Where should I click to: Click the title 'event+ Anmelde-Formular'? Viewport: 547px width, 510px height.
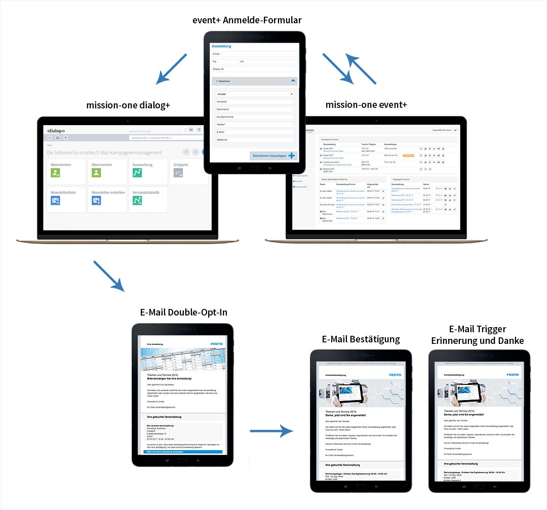(x=247, y=20)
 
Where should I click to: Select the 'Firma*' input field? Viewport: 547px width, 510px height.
(x=254, y=54)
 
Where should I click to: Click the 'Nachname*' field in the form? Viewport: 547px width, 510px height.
(x=254, y=109)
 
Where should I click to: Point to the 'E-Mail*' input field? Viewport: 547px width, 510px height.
(x=254, y=132)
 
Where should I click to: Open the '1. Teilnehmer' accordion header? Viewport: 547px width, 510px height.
(x=254, y=81)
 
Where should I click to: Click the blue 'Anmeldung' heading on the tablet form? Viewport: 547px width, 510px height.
(x=221, y=46)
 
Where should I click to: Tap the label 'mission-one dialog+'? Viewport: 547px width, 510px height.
(x=128, y=105)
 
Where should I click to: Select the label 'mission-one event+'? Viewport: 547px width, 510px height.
(x=366, y=105)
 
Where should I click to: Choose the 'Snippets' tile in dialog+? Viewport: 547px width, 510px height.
(x=188, y=171)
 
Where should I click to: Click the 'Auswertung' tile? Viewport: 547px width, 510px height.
(x=147, y=171)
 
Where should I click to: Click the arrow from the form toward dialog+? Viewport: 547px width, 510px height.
(x=172, y=68)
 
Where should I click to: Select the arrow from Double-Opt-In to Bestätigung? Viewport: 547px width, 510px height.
(x=272, y=431)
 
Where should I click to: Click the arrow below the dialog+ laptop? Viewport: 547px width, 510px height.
(x=108, y=276)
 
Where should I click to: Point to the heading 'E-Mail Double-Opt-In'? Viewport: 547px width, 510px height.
(x=184, y=312)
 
